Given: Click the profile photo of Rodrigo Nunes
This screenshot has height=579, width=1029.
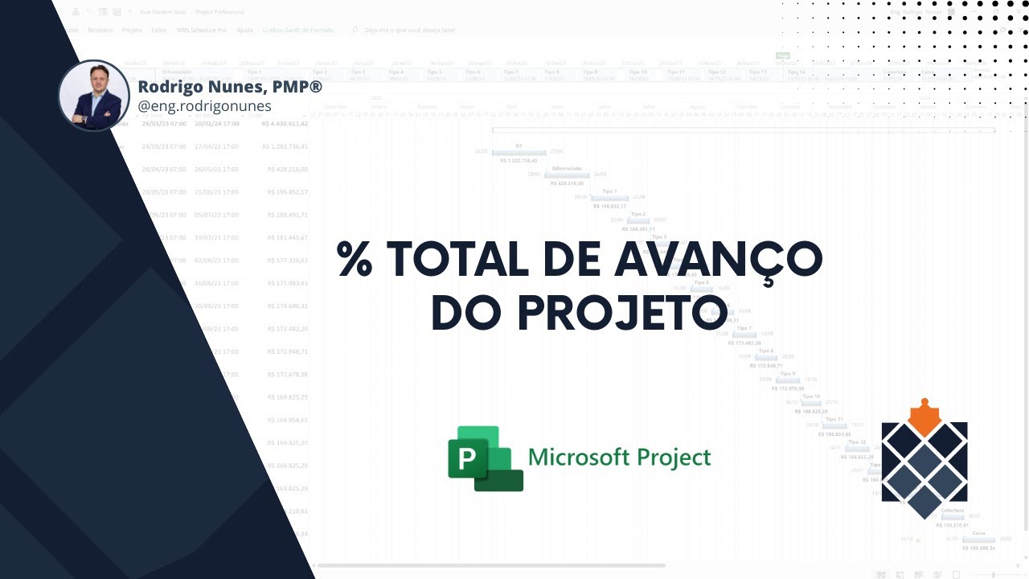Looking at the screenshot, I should tap(94, 95).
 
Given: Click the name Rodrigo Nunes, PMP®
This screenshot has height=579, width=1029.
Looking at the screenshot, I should tap(230, 86).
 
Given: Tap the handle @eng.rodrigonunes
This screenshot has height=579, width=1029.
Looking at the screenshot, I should tap(205, 106).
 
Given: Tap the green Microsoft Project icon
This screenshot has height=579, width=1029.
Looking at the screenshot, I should tap(485, 458).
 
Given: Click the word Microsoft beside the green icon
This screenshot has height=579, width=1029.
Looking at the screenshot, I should tap(578, 458).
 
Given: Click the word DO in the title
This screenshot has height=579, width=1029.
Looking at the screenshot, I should tap(461, 312).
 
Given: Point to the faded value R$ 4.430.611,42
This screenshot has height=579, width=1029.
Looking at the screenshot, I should tap(285, 124).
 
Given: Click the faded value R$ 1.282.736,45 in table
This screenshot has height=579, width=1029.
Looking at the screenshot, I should tap(285, 147).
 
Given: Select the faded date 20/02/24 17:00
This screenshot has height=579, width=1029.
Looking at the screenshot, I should tap(216, 124).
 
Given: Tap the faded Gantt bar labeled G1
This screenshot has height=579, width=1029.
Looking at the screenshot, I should tap(519, 152).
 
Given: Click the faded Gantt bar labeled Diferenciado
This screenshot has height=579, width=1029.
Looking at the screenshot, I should tap(567, 175).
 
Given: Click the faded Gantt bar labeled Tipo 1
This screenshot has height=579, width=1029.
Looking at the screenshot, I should tap(609, 197).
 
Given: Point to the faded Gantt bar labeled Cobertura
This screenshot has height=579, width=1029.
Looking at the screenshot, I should tap(952, 516).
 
